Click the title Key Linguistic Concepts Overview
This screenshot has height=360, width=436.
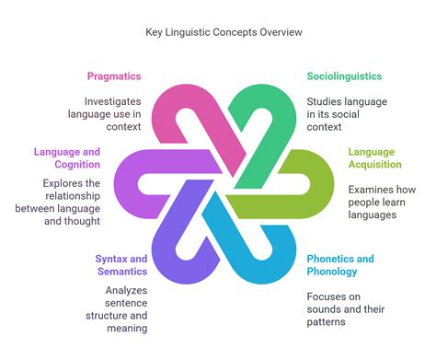click(x=217, y=32)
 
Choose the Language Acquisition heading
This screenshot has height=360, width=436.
click(x=373, y=157)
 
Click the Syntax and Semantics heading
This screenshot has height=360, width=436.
click(x=120, y=265)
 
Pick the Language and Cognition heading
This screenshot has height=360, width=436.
click(x=73, y=157)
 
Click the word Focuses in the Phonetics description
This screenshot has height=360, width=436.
click(x=328, y=296)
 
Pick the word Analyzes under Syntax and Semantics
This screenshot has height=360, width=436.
click(x=123, y=290)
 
